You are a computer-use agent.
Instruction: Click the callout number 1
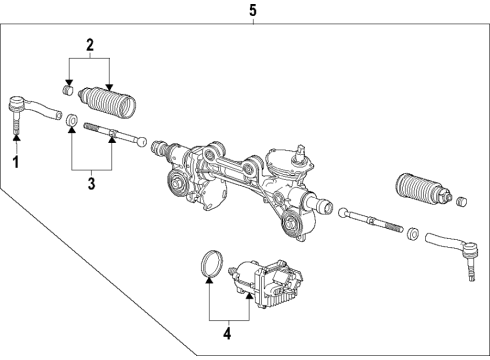click(15, 160)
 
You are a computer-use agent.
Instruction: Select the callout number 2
click(89, 44)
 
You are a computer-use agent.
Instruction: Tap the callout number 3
click(90, 184)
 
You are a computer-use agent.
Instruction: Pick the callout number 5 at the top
click(252, 11)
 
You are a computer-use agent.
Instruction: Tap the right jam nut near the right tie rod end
click(411, 233)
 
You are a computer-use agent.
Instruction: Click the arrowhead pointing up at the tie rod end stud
click(15, 140)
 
